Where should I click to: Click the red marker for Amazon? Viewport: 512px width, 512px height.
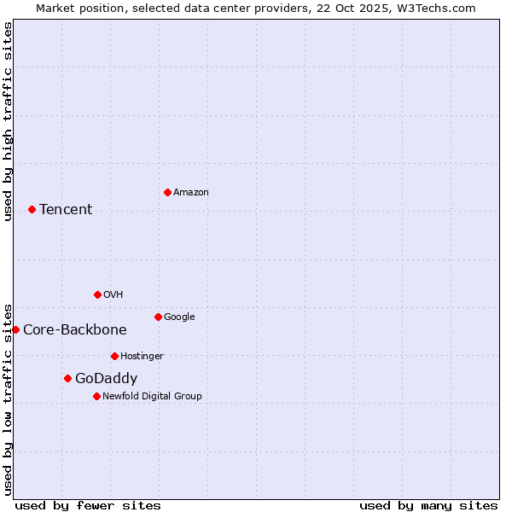click(167, 192)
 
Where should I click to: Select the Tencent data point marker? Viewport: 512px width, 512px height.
click(32, 209)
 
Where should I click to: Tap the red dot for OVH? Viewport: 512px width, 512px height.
click(97, 294)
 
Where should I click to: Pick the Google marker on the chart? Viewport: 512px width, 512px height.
click(158, 317)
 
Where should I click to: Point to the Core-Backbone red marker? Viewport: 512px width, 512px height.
click(15, 329)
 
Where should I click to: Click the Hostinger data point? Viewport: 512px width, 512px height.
click(114, 356)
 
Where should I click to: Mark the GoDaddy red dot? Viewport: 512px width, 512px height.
click(67, 378)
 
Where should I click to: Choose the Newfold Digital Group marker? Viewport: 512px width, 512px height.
click(96, 396)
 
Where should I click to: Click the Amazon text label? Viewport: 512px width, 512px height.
click(191, 193)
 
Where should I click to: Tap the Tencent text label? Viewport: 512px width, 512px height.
click(66, 210)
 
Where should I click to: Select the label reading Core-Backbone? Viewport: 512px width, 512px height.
click(75, 330)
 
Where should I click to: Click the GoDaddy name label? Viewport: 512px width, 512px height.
click(106, 379)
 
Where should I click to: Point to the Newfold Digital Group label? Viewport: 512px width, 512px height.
click(152, 396)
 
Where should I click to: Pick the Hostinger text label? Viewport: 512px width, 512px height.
click(142, 357)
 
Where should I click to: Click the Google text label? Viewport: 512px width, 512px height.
click(179, 317)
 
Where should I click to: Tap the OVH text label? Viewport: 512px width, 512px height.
click(113, 295)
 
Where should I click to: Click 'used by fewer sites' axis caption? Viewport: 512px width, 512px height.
click(88, 505)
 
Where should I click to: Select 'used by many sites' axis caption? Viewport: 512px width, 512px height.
click(428, 505)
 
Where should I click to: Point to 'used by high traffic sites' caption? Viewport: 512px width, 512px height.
click(8, 121)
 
